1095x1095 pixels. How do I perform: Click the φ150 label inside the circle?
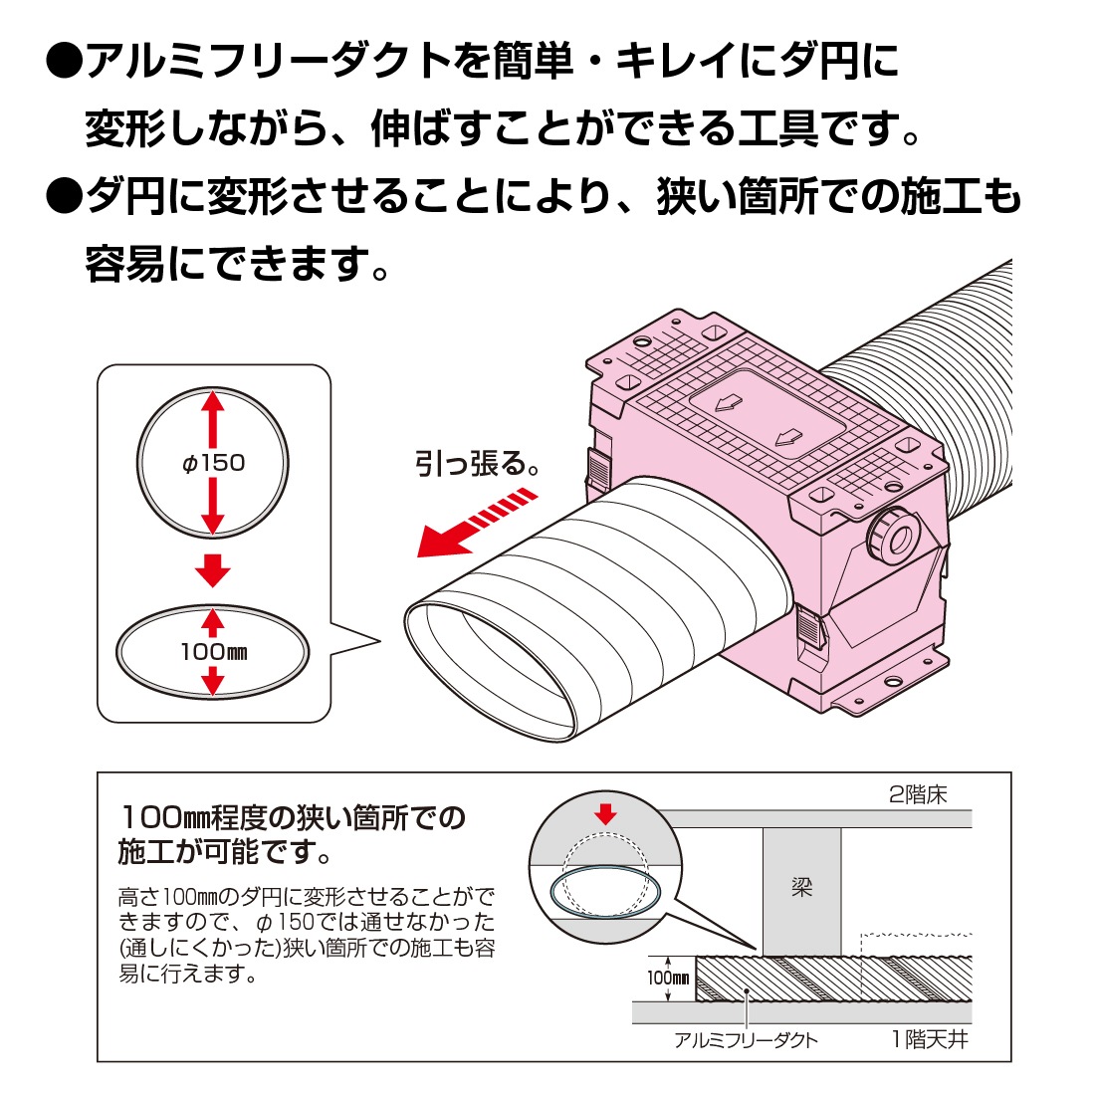[213, 463]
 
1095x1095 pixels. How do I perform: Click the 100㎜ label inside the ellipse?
[213, 653]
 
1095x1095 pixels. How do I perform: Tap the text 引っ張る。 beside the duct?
[478, 463]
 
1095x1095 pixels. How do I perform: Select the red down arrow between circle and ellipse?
[212, 570]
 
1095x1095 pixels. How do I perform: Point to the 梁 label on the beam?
[801, 887]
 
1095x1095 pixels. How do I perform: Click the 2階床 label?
[917, 794]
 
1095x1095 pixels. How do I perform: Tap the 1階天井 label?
[929, 1040]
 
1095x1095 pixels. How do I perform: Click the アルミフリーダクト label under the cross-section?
[746, 1040]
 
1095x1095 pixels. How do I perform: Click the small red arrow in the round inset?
[604, 814]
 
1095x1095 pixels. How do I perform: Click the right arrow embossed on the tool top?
[789, 437]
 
